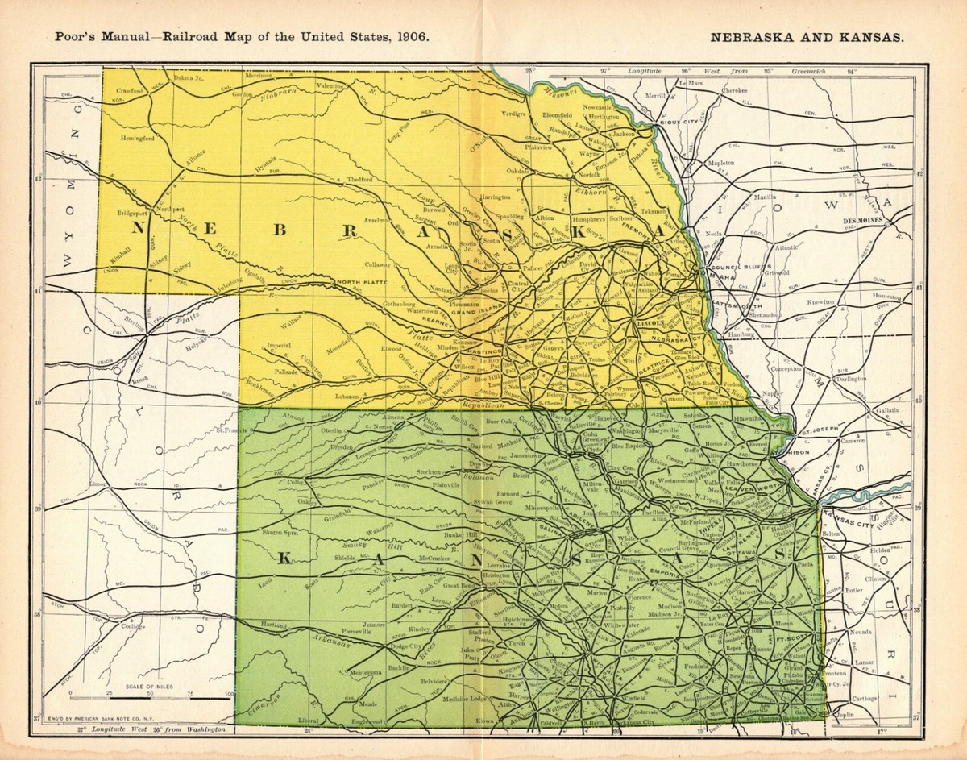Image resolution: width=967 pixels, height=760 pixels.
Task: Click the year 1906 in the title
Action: pos(410,37)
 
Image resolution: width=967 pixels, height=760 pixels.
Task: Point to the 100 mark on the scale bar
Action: pos(231,693)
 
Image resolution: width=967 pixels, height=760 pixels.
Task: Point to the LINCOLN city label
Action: pos(649,322)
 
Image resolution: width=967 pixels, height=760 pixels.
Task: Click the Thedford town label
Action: pos(362,179)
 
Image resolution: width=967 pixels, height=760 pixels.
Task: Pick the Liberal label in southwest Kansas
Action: pos(309,720)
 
